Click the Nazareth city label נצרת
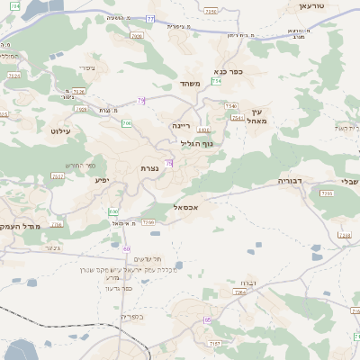point(149,169)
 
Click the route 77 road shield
point(151,18)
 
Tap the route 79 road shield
point(140,100)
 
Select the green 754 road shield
point(216,81)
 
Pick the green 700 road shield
point(127,122)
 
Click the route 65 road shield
point(208,320)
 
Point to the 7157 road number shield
point(214,343)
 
